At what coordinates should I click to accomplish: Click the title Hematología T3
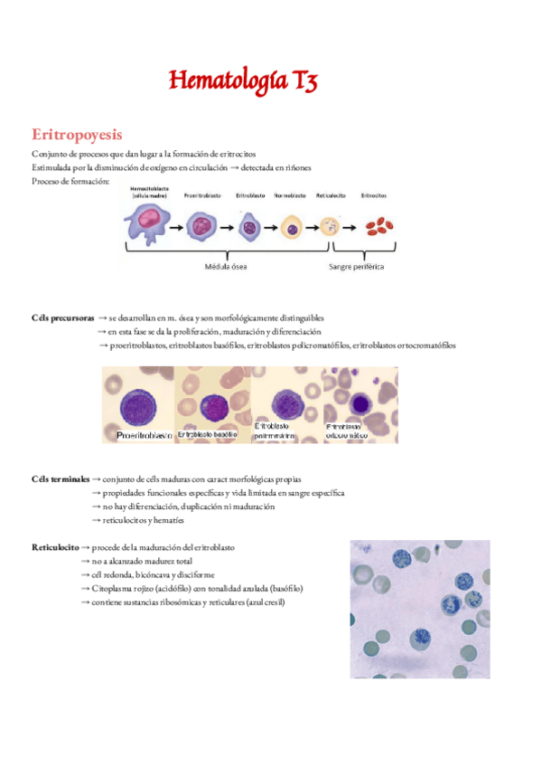click(x=243, y=82)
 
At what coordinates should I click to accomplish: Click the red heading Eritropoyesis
click(x=76, y=135)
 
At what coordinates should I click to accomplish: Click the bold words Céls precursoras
click(x=62, y=318)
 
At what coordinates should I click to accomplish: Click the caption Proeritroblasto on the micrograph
click(x=145, y=435)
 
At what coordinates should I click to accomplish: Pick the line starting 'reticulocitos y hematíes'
click(x=144, y=520)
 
